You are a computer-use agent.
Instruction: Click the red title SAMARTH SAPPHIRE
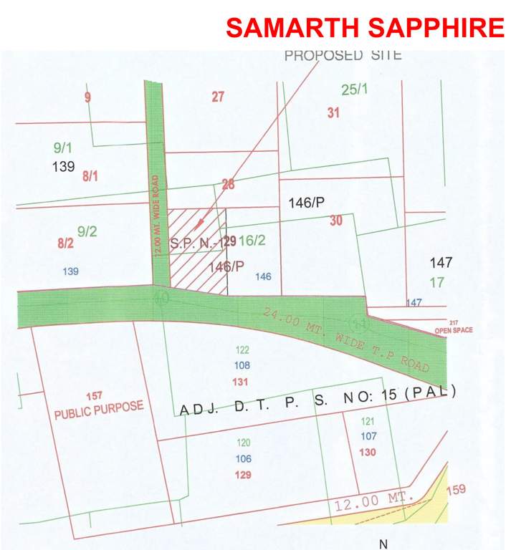click(365, 28)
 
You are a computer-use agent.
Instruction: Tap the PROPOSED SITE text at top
click(343, 55)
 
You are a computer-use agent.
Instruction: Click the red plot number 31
click(333, 112)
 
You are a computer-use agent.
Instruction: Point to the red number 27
click(219, 97)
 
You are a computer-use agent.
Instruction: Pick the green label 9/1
click(63, 148)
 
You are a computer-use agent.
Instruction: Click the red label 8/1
click(90, 175)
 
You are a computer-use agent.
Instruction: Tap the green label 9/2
click(87, 231)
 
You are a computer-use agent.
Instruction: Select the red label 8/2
click(65, 243)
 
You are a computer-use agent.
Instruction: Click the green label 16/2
click(252, 241)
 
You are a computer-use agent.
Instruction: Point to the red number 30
click(336, 221)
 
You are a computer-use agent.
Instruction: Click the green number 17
click(437, 282)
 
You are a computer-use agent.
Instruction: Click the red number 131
click(240, 381)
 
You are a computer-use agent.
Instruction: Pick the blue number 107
click(368, 436)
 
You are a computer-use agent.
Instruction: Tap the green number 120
click(244, 443)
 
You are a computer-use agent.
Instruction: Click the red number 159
click(457, 490)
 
